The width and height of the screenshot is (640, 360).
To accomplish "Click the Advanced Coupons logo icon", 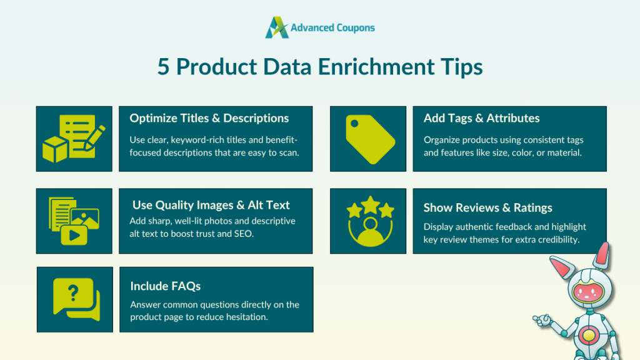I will pyautogui.click(x=276, y=27).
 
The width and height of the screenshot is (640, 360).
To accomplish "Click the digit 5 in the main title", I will pyautogui.click(x=164, y=67).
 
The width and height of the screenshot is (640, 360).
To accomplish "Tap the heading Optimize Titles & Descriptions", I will pyautogui.click(x=209, y=118).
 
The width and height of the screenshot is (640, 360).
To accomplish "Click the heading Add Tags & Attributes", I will pyautogui.click(x=481, y=118).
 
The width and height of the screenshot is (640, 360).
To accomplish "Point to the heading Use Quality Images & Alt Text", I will pyautogui.click(x=211, y=205).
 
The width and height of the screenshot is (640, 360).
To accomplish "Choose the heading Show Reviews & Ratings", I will pyautogui.click(x=487, y=207).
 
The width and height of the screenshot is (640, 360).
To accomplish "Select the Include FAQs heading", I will pyautogui.click(x=166, y=286).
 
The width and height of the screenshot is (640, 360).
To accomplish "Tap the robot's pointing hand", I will pyautogui.click(x=541, y=320).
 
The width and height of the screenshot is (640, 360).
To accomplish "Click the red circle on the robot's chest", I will pyautogui.click(x=588, y=336).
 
